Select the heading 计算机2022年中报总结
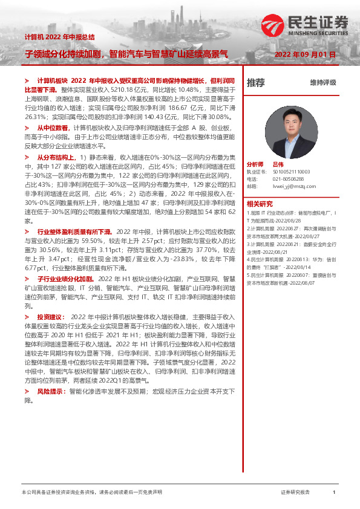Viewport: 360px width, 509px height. (x=59, y=37)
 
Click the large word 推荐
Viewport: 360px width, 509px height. (x=256, y=83)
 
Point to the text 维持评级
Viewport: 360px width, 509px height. (x=322, y=83)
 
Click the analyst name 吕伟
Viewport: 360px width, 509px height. (x=278, y=164)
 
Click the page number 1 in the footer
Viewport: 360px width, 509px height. (x=333, y=493)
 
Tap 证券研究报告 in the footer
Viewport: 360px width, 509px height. (x=296, y=493)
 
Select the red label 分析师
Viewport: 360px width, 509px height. (x=255, y=164)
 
